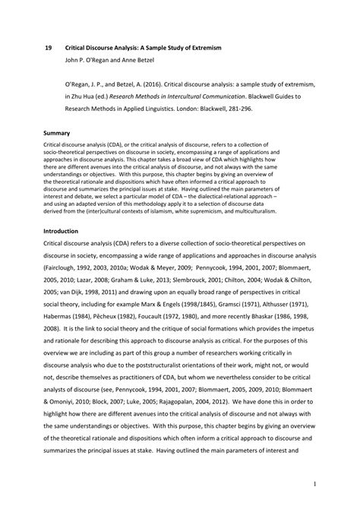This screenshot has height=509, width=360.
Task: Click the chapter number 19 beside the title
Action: tap(47, 47)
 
